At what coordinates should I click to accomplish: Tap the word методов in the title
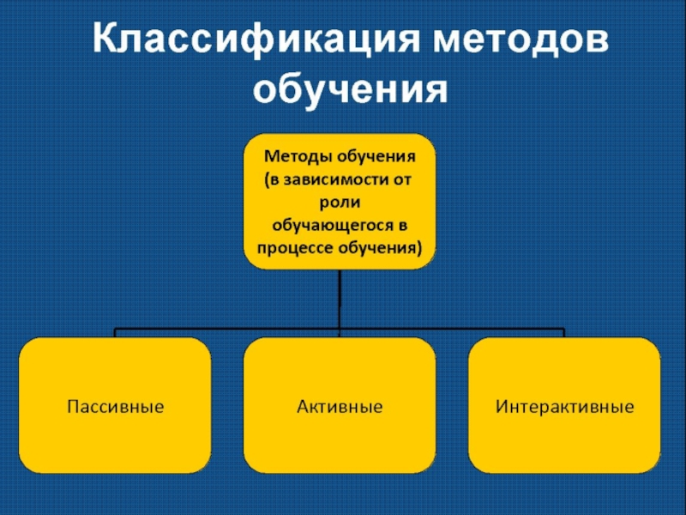click(x=521, y=41)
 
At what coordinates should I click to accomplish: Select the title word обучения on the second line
click(x=352, y=88)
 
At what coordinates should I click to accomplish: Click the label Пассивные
click(x=115, y=405)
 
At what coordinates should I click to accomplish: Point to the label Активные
click(x=340, y=405)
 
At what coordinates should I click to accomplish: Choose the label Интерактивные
click(x=564, y=405)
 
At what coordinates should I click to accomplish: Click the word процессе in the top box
click(x=292, y=249)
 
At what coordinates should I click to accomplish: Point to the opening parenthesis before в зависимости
click(x=265, y=181)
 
